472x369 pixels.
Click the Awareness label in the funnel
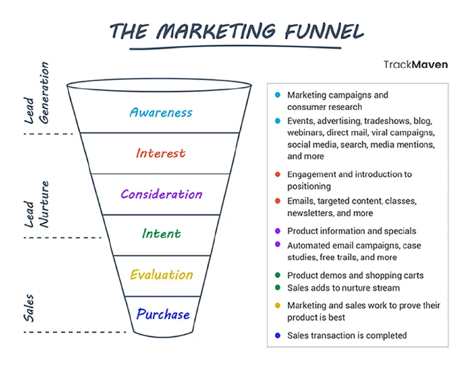pyautogui.click(x=161, y=113)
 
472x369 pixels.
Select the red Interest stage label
pyautogui.click(x=160, y=153)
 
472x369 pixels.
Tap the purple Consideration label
pyautogui.click(x=161, y=195)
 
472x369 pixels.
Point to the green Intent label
pyautogui.click(x=161, y=234)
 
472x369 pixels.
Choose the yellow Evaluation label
pyautogui.click(x=161, y=275)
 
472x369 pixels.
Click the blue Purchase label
pyautogui.click(x=163, y=314)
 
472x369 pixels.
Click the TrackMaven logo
pyautogui.click(x=416, y=64)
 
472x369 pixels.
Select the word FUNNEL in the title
pyautogui.click(x=324, y=31)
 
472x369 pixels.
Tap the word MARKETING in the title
pyautogui.click(x=215, y=31)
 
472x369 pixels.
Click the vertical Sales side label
pyautogui.click(x=29, y=308)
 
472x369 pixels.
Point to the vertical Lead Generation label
pyautogui.click(x=37, y=93)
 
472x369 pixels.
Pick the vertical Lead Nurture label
pyautogui.click(x=37, y=204)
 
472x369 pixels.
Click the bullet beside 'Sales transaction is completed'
pyautogui.click(x=278, y=335)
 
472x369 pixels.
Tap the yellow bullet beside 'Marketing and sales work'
pyautogui.click(x=278, y=305)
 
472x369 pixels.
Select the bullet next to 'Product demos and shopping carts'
pyautogui.click(x=278, y=275)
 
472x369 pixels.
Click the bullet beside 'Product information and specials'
pyautogui.click(x=278, y=231)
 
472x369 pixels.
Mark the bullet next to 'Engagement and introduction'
pyautogui.click(x=278, y=174)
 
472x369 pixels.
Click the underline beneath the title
pyautogui.click(x=235, y=48)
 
